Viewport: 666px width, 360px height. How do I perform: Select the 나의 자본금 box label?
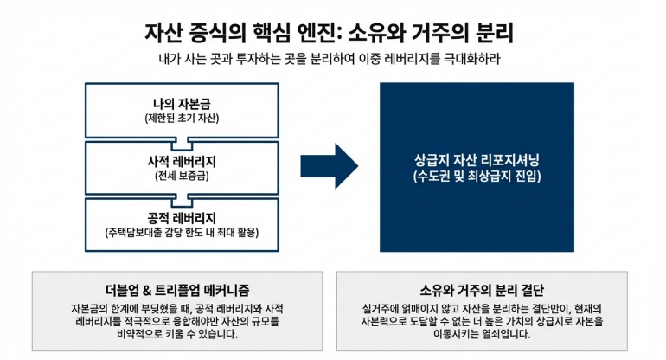[182, 104]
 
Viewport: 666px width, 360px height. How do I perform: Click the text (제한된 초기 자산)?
[182, 118]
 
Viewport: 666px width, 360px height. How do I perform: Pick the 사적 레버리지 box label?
[182, 162]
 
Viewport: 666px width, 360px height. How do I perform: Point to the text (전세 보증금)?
[182, 176]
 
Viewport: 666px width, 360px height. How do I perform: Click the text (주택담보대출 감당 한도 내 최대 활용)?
[182, 233]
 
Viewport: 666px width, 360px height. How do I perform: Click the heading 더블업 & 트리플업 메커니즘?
[165, 289]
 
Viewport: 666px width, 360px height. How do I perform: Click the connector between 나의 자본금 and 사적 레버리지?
[182, 138]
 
